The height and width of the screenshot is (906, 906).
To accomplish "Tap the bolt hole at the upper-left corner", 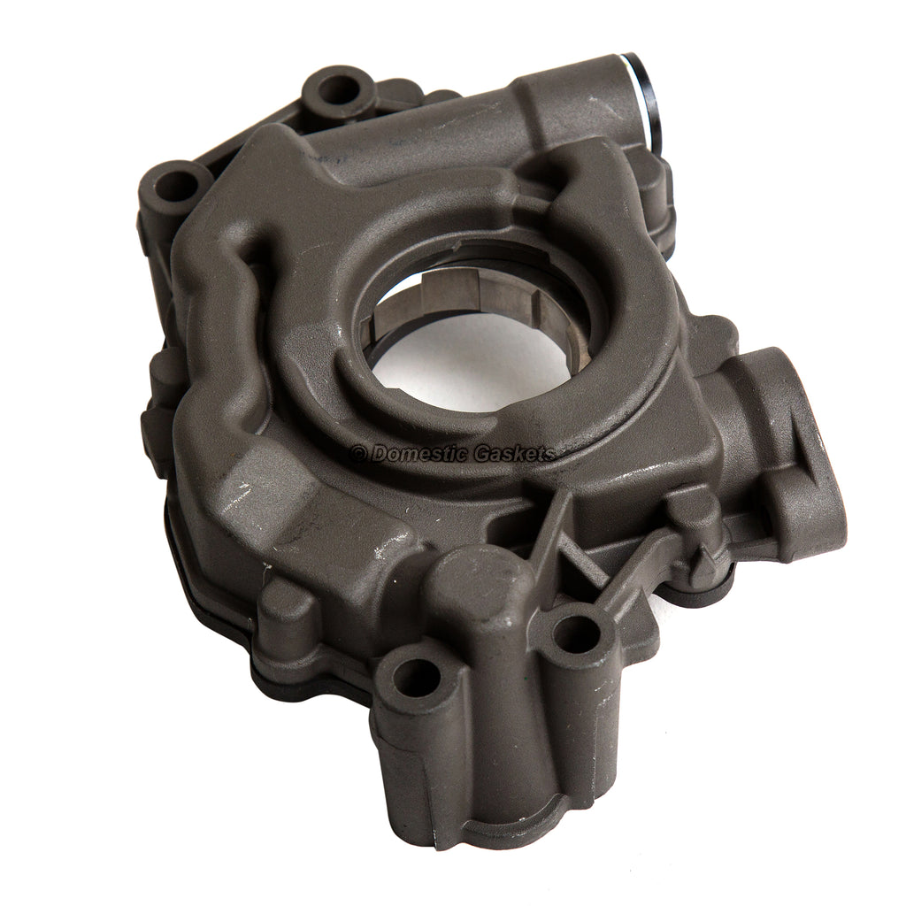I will pyautogui.click(x=178, y=186).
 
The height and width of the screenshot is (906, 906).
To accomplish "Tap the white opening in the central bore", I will pyautogui.click(x=469, y=372).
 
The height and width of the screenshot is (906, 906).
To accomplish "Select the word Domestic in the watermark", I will pyautogui.click(x=416, y=454).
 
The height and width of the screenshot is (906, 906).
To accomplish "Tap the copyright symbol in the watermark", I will pyautogui.click(x=358, y=455).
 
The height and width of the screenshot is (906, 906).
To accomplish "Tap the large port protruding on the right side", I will pyautogui.click(x=779, y=442).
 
